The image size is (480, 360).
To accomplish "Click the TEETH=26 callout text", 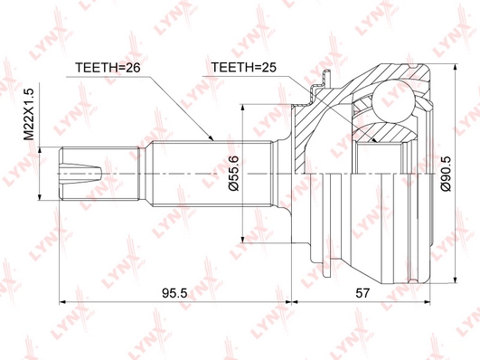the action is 108,68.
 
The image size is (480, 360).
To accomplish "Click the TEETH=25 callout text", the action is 244,67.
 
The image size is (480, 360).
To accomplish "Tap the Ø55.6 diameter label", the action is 233,173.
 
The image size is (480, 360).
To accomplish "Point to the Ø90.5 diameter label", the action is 446,174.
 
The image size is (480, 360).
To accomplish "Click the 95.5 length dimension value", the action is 174,293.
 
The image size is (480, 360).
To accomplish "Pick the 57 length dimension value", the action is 362,293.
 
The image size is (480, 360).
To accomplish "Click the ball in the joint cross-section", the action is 393,101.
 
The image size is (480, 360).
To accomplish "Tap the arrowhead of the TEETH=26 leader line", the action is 211,138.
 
